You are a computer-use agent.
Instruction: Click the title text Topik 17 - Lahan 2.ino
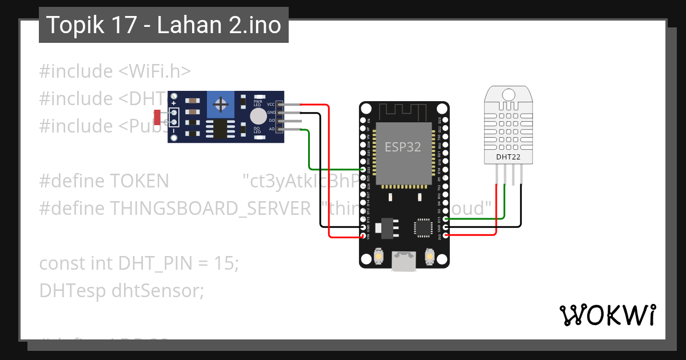click(x=163, y=25)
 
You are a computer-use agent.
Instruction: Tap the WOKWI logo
click(x=607, y=315)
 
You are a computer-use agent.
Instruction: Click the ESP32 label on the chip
click(x=402, y=147)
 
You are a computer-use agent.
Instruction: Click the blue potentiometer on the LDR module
click(x=220, y=104)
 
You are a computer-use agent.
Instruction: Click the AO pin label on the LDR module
click(x=271, y=129)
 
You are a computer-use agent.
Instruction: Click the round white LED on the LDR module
click(x=258, y=117)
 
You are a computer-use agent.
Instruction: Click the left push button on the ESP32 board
click(x=378, y=258)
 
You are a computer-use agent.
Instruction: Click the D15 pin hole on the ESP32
click(x=445, y=219)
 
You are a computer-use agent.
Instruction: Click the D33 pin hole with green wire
click(x=363, y=170)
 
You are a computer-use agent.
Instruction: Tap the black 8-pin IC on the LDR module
click(x=218, y=129)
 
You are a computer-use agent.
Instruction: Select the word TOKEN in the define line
click(x=139, y=181)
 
